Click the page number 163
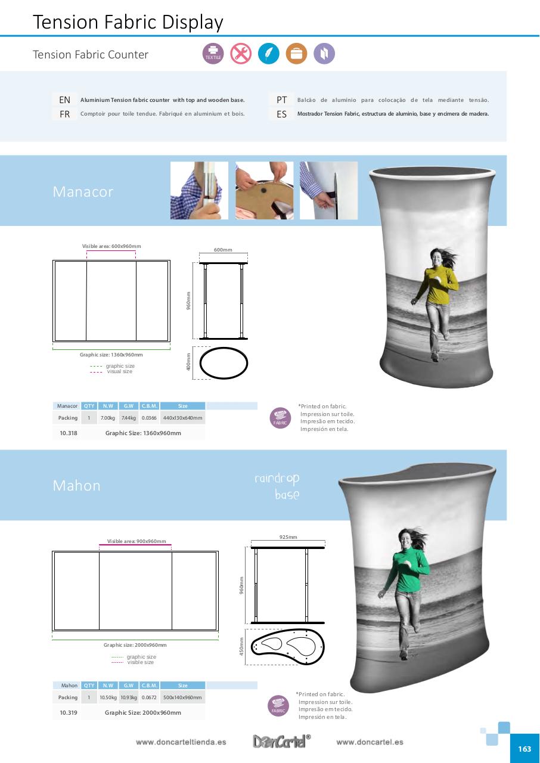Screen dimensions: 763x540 coord(525,749)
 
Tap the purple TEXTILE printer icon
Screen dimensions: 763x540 coord(213,54)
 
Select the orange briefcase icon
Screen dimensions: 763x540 coord(296,54)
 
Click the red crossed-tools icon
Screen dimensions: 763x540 coord(241,54)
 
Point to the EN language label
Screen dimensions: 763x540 coord(64,100)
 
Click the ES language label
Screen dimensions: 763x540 coord(282,114)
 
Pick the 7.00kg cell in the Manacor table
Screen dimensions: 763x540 coord(107,418)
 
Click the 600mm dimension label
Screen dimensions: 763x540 coord(223,250)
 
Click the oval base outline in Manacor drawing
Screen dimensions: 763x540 coord(224,362)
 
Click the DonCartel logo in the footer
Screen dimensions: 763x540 coord(281,742)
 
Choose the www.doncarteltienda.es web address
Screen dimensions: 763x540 coord(181,743)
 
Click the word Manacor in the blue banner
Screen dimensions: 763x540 coord(83,192)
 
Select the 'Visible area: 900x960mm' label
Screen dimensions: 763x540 coord(136,541)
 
